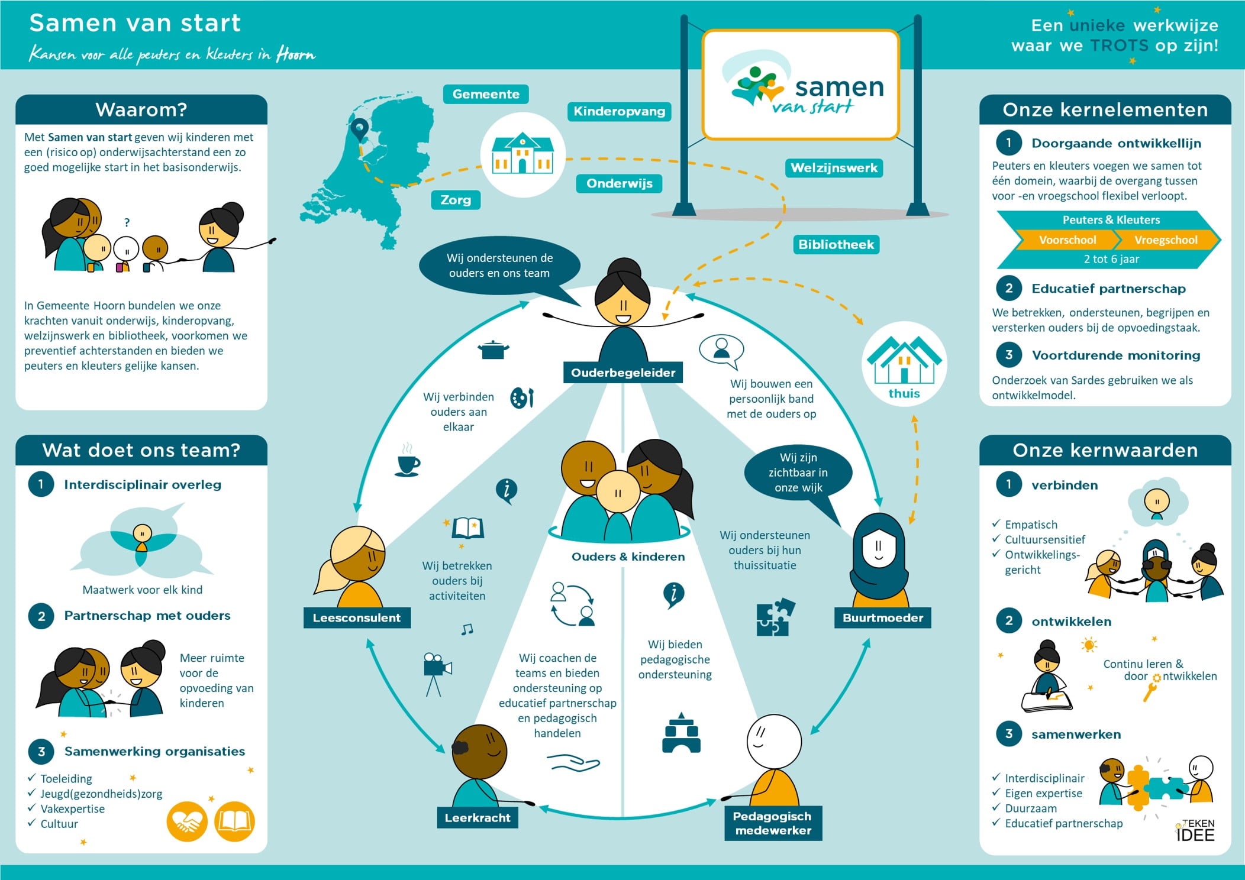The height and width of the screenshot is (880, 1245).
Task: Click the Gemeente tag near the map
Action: [x=486, y=94]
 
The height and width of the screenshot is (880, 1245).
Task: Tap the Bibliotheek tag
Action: [x=836, y=244]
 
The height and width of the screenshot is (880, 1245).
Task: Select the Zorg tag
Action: [x=456, y=200]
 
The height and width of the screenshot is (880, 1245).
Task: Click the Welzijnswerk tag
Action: [x=834, y=168]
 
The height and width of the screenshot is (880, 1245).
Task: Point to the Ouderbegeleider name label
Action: [x=623, y=373]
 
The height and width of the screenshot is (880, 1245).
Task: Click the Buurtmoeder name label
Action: [x=882, y=618]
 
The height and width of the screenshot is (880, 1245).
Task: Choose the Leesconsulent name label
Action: [x=357, y=618]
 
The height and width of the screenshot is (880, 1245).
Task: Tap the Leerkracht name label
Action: [x=478, y=818]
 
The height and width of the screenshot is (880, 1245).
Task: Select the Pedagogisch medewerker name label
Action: [x=773, y=823]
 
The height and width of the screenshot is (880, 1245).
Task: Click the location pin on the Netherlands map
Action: [x=359, y=128]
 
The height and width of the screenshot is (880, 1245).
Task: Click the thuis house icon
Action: [x=904, y=361]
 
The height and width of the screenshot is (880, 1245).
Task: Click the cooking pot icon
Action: [x=493, y=350]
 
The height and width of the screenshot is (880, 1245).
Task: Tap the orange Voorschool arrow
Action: [x=1067, y=240]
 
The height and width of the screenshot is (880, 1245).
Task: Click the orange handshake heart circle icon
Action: [x=187, y=821]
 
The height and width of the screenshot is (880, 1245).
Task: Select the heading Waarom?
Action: [x=141, y=110]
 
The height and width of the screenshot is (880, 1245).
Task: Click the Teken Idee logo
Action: [x=1196, y=830]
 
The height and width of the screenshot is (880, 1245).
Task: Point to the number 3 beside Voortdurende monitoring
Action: [x=1009, y=355]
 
